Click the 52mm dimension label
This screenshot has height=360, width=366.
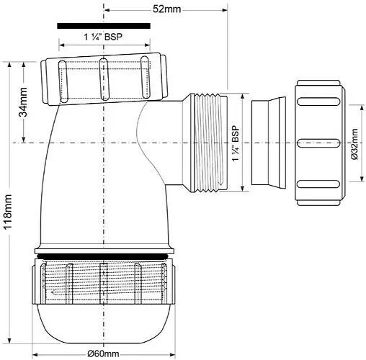166,9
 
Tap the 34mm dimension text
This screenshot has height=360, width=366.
23,102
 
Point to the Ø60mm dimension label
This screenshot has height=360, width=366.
103,354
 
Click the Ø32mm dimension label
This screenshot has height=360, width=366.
354,144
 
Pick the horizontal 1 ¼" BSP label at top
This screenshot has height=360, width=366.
103,37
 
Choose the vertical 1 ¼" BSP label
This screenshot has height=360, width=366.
236,143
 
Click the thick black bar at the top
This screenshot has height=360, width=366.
104,26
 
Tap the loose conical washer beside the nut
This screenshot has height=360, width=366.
269,143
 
